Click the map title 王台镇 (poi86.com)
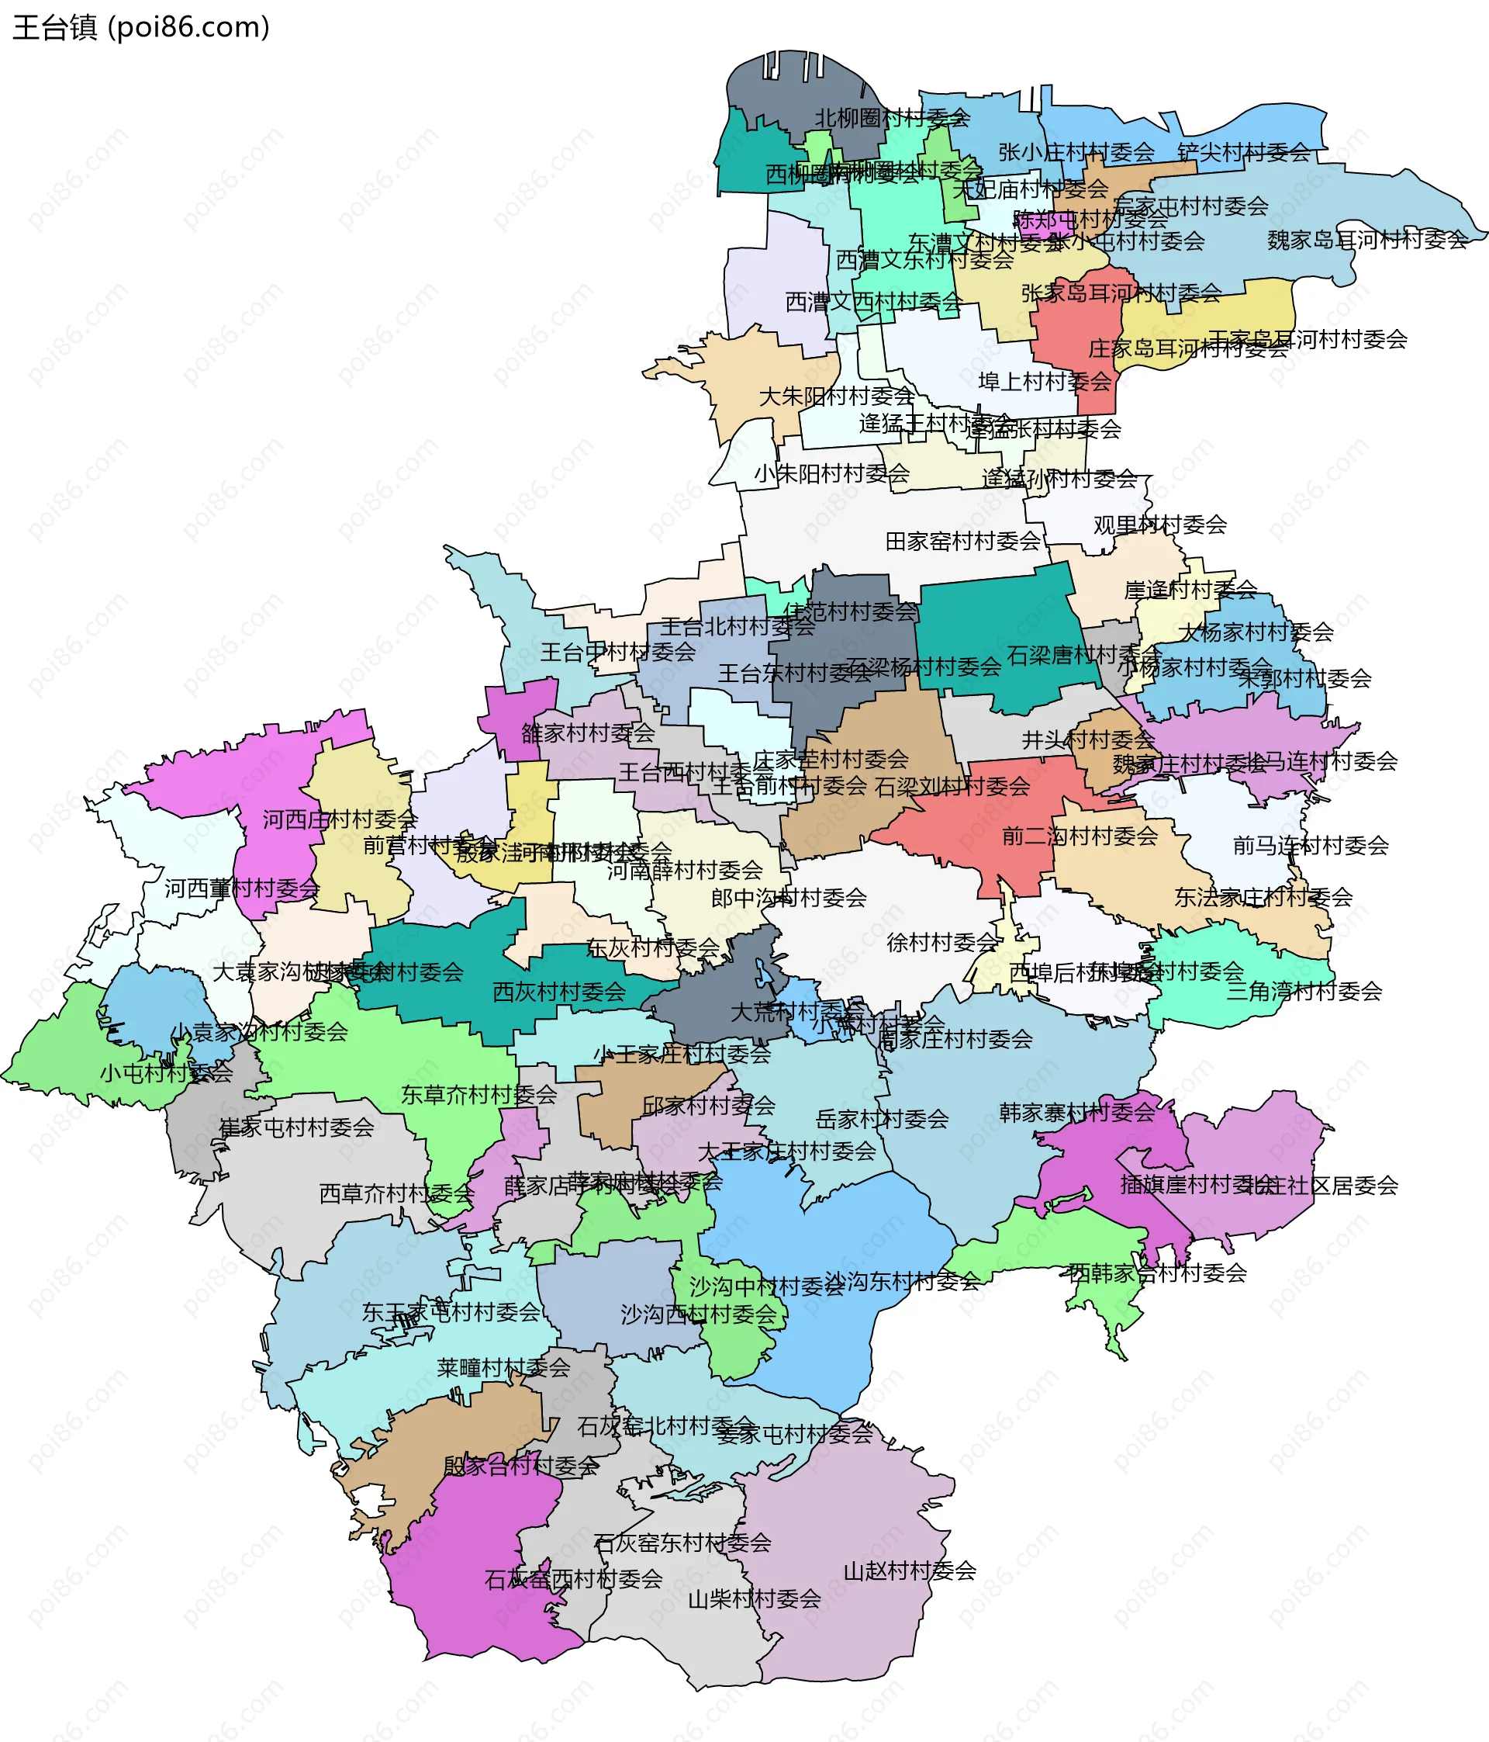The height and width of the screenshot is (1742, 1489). click(141, 28)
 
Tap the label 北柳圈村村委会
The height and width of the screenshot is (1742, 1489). click(892, 119)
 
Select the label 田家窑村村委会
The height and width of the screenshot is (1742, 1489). click(963, 542)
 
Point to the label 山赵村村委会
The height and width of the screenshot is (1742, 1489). click(909, 1571)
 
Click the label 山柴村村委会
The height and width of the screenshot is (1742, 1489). click(754, 1599)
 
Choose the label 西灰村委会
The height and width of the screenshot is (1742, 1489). click(559, 992)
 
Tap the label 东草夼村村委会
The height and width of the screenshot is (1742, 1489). click(478, 1095)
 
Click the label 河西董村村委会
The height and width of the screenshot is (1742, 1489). click(242, 888)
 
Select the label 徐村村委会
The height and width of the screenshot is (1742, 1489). click(941, 943)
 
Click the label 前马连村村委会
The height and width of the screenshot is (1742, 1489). click(1310, 846)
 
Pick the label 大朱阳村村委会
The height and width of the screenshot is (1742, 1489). click(836, 396)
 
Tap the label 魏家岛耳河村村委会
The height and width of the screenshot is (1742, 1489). click(1367, 241)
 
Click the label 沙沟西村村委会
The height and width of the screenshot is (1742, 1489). click(698, 1315)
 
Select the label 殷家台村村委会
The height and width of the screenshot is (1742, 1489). click(521, 1467)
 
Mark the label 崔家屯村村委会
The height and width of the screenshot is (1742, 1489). click(295, 1127)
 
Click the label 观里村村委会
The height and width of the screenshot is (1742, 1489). click(1159, 525)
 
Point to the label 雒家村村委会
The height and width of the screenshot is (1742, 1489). click(587, 733)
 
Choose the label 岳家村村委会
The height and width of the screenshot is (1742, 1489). click(882, 1119)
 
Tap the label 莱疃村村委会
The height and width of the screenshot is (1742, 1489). click(503, 1368)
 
